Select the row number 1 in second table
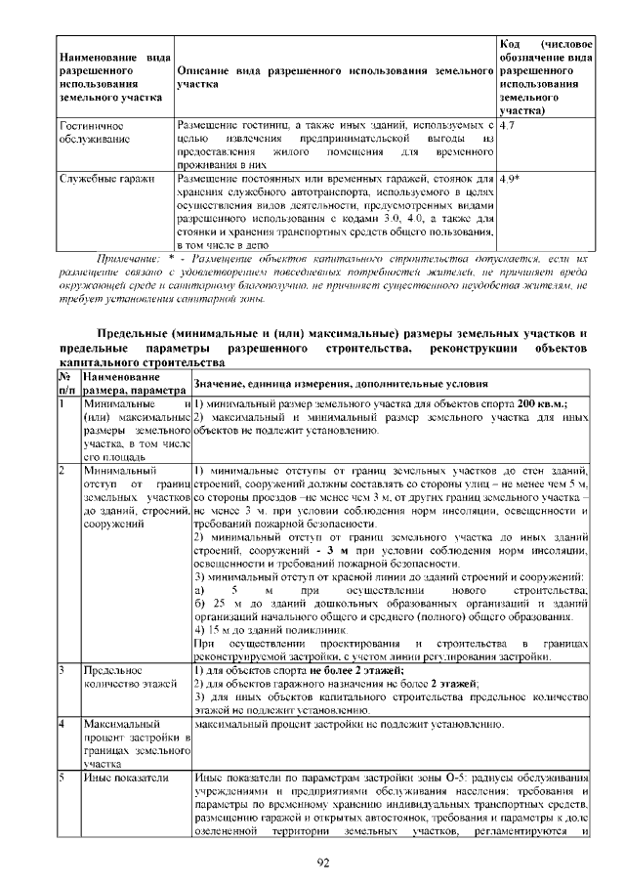pyautogui.click(x=62, y=402)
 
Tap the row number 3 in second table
pyautogui.click(x=62, y=671)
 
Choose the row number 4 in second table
pyautogui.click(x=62, y=725)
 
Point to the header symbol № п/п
pyautogui.click(x=66, y=382)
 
